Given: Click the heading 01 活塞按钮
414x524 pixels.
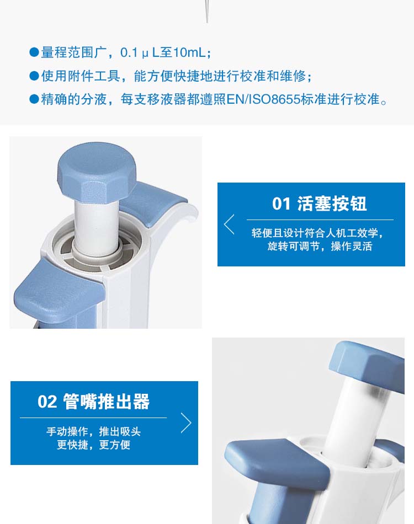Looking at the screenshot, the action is pos(320,204).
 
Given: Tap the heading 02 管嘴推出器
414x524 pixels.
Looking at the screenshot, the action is pos(94,402).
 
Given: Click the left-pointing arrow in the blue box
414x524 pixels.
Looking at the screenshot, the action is pos(229,224).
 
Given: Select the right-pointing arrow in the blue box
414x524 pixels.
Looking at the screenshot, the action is pos(186,423).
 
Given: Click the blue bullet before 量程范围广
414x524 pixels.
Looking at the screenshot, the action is pos(34,52).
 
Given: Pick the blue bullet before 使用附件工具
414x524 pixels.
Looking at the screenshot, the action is pos(34,76).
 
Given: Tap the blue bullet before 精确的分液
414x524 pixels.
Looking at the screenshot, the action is pos(34,99).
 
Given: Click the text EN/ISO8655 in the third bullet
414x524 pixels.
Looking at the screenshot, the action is pos(263,99).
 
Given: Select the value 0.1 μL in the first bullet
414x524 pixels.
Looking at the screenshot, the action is pos(140,52).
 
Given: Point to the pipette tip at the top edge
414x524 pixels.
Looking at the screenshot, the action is pos(207,11).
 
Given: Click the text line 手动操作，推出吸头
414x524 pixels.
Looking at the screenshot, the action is pos(94,431).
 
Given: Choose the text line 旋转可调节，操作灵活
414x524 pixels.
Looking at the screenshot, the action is pos(320,247).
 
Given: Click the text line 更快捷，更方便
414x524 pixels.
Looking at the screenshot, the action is pos(94,445).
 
